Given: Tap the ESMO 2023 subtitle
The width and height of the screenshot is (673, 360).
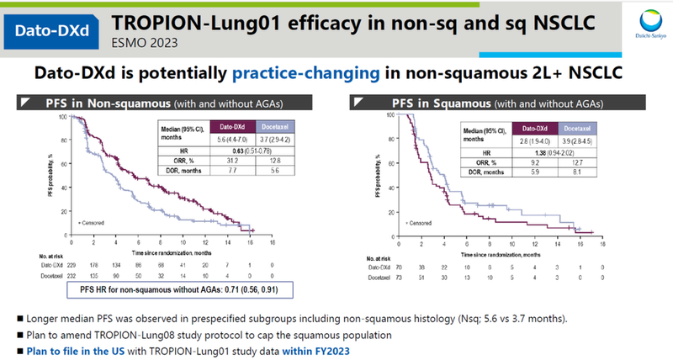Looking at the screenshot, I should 144,40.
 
